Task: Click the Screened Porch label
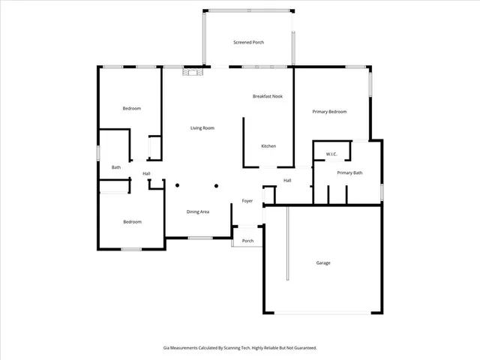click(249, 42)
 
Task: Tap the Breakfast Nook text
click(267, 96)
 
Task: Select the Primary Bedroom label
click(329, 112)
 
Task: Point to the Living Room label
click(202, 128)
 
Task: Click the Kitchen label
click(268, 145)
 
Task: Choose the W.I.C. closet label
click(331, 154)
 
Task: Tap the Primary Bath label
click(349, 173)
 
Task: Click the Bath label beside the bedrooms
click(116, 167)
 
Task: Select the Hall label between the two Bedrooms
click(147, 174)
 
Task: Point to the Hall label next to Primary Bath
click(287, 180)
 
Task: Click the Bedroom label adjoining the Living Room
click(132, 109)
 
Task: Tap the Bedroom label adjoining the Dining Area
click(132, 221)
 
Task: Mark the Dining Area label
click(198, 212)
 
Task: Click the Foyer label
click(247, 201)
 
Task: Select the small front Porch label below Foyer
click(247, 241)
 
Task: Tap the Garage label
click(323, 262)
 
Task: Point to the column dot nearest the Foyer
click(216, 185)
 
